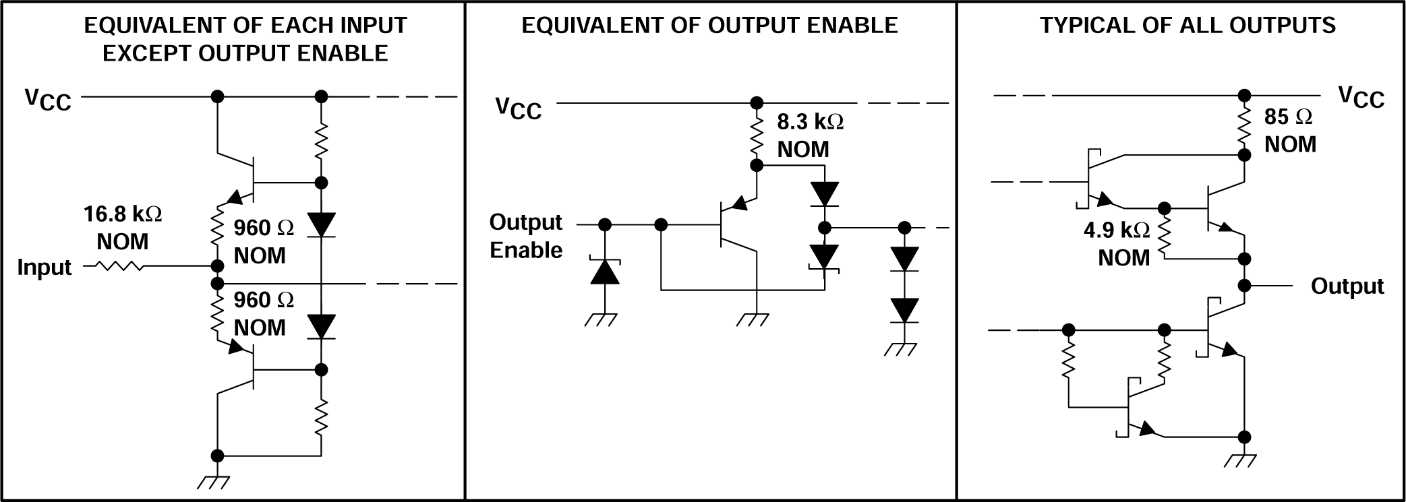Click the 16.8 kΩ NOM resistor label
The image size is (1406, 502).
coord(123,228)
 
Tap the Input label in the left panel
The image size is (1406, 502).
coord(45,268)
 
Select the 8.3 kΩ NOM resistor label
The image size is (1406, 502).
coord(810,135)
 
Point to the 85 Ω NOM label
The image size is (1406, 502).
coord(1289,130)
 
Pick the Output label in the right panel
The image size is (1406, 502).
coord(1347,286)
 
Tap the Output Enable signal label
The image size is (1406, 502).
coord(526,236)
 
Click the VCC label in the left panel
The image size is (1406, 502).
coord(48,99)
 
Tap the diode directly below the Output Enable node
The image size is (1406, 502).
coord(605,272)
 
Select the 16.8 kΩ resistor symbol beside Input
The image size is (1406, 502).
coord(121,267)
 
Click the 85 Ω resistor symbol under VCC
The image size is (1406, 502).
coord(1244,126)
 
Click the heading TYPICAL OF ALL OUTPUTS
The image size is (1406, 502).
coord(1188,26)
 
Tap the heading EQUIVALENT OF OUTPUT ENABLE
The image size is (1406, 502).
coord(709,26)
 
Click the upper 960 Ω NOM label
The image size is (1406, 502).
coord(263,242)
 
